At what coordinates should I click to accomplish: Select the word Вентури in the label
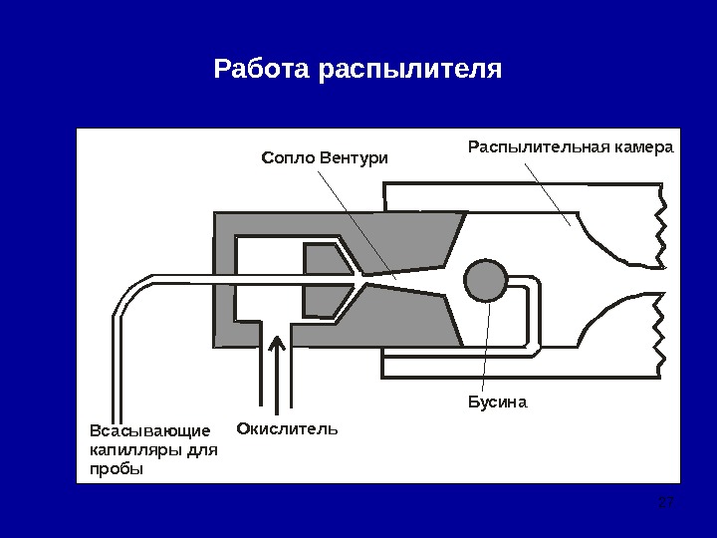[x=353, y=157]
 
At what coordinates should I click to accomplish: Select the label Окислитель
[x=288, y=429]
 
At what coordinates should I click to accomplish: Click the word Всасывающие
[x=150, y=431]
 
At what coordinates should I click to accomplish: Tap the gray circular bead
[x=487, y=280]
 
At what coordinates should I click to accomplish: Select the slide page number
[x=667, y=501]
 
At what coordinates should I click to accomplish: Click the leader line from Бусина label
[x=486, y=349]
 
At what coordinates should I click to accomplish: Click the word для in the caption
[x=201, y=449]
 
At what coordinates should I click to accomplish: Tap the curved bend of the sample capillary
[x=127, y=295]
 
